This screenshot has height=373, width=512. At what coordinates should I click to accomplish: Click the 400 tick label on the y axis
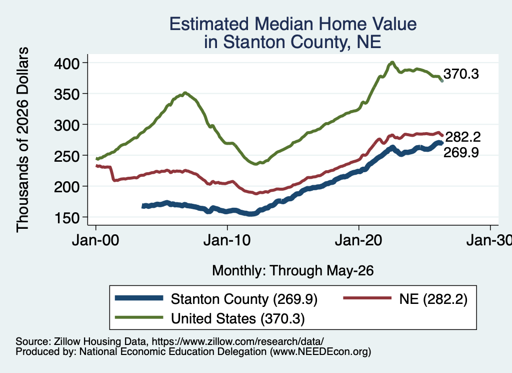66,63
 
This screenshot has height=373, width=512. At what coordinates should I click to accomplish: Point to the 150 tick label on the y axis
66,218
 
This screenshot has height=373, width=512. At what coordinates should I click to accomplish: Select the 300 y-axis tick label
66,125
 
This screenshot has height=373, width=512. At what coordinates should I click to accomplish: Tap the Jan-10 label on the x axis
227,240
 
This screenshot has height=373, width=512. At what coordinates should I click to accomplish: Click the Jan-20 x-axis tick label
358,240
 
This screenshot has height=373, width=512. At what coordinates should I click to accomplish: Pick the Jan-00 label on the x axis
95,240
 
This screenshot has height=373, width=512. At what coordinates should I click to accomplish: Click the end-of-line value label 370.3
461,74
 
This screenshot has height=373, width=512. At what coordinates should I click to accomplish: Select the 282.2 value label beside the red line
463,137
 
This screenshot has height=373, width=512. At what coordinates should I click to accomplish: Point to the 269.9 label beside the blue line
461,152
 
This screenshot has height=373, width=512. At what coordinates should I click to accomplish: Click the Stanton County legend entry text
244,299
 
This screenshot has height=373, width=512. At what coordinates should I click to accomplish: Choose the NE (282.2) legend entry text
433,299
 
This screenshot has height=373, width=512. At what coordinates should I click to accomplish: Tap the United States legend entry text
237,318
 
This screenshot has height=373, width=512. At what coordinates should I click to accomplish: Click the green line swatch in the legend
139,317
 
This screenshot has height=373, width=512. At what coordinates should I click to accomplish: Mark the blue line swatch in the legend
139,298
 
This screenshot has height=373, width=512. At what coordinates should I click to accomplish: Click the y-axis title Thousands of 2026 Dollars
22,140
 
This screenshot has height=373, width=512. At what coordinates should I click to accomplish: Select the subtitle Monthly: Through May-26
293,271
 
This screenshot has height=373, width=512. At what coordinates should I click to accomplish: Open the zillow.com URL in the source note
237,341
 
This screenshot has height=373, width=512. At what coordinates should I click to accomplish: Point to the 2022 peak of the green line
392,62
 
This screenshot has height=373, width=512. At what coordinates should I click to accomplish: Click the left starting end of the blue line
143,206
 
